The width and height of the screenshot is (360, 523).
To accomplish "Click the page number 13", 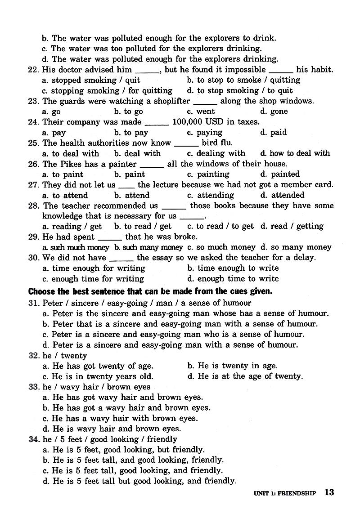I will tap(329, 492).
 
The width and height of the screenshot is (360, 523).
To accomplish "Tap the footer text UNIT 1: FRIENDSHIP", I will tap(284, 493).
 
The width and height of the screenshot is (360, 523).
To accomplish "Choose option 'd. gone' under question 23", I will tap(274, 112).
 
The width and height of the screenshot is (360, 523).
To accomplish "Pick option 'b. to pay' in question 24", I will tap(131, 133).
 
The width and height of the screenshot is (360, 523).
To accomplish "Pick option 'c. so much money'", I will tap(221, 247).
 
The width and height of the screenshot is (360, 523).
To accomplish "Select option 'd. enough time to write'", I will tap(233, 278).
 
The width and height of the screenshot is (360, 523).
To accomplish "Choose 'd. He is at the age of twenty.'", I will tap(245, 376).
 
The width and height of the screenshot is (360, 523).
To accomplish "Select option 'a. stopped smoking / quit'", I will tap(91, 80).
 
